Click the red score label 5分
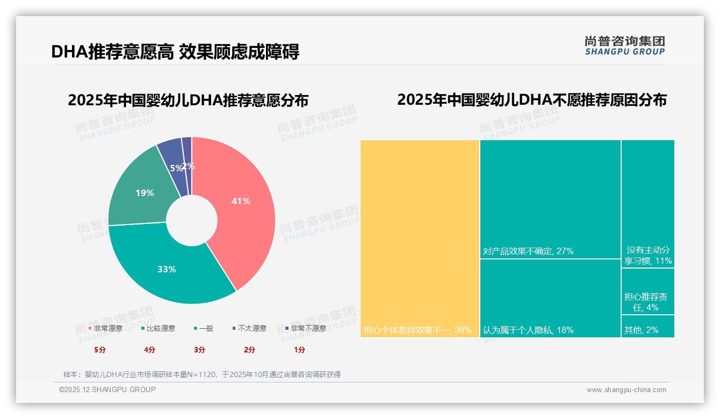pos(99,350)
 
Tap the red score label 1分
pos(299,350)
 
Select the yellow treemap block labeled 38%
pos(419,236)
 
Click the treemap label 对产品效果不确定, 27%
pos(528,251)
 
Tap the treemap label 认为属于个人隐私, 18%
pos(528,330)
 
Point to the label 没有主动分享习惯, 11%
pos(648,256)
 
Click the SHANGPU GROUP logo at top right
pos(624,45)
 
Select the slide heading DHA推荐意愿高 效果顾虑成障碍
pos(175,52)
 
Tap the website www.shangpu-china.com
pos(626,390)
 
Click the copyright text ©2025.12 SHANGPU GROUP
pos(107,390)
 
